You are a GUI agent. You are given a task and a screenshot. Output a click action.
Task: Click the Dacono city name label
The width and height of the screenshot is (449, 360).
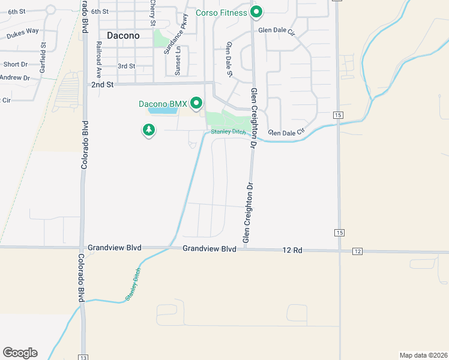coord(123,35)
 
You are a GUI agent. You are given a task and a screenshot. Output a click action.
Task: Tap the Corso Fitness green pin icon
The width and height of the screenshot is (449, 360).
coord(257,11)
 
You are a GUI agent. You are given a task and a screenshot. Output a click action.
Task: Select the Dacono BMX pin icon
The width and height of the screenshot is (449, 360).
coord(196,104)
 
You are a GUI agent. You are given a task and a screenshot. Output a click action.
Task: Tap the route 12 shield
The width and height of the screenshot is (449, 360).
coord(357,251)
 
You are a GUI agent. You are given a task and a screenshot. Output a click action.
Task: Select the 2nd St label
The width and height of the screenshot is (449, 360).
coord(103,85)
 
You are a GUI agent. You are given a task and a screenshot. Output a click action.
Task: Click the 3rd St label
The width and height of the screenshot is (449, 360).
coord(126,66)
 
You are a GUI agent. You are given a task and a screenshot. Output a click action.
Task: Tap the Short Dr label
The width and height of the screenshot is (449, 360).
coord(15,64)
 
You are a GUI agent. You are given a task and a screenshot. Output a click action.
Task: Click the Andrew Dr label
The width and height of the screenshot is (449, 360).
coord(14,78)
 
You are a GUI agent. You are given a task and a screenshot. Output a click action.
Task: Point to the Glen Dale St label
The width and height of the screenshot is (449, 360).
coord(229,59)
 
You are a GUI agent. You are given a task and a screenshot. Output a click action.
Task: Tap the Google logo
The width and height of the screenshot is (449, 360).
coord(20,352)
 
